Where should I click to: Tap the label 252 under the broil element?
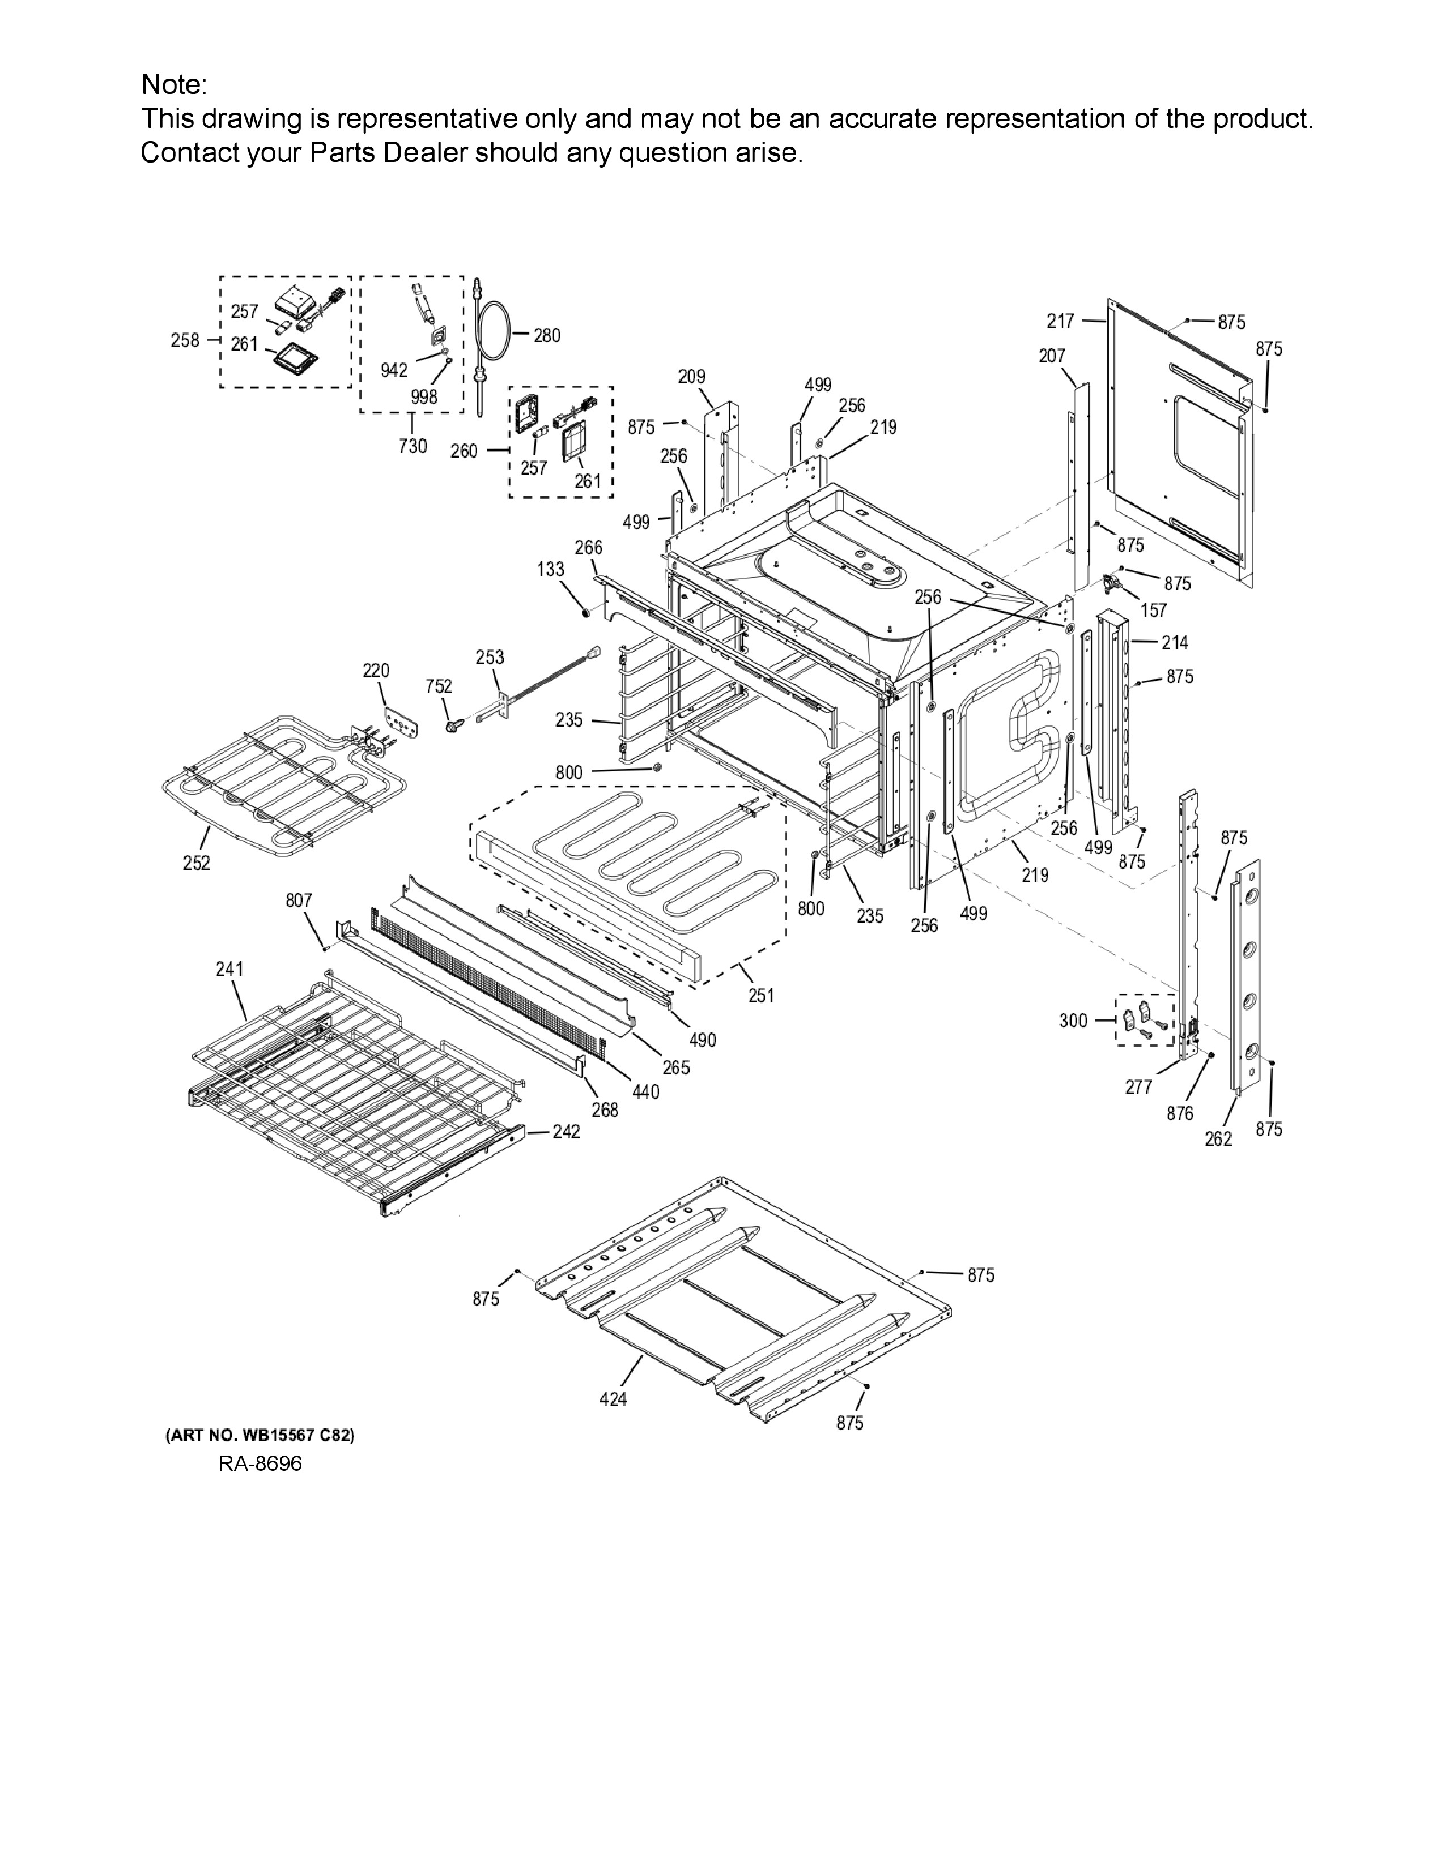click(x=196, y=864)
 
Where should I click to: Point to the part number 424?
click(x=613, y=1398)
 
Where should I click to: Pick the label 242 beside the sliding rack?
click(x=566, y=1132)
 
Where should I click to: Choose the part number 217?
click(x=1060, y=321)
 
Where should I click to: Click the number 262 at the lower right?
click(x=1218, y=1138)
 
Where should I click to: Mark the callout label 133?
click(x=550, y=569)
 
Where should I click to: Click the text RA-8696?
click(x=260, y=1464)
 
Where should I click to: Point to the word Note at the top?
click(x=171, y=85)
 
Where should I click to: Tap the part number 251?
click(x=761, y=995)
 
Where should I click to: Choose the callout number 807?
click(x=299, y=901)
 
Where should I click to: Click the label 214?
click(x=1175, y=642)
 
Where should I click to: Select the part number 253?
click(x=490, y=657)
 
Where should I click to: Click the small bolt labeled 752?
click(x=451, y=726)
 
